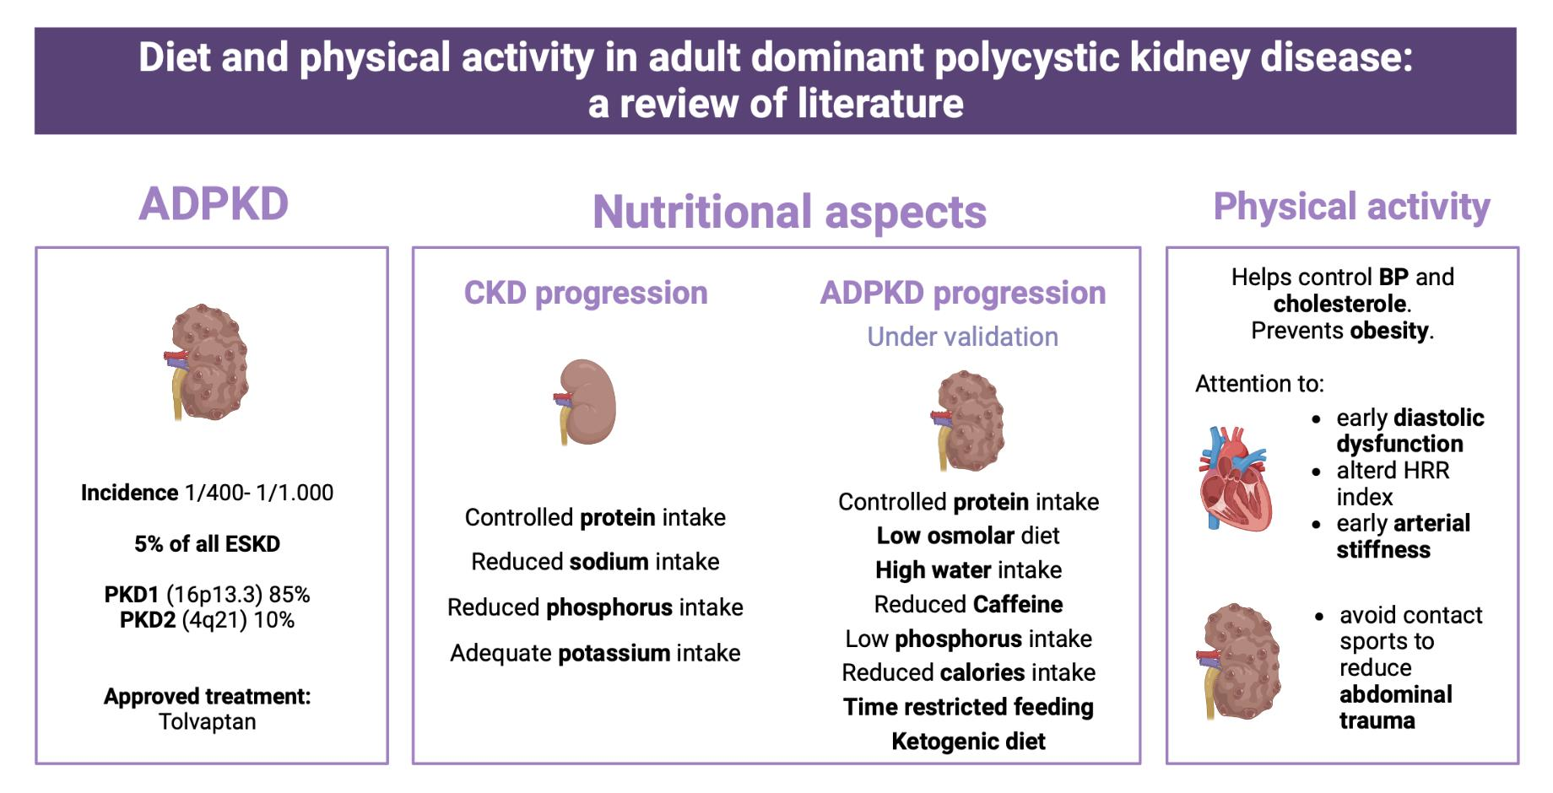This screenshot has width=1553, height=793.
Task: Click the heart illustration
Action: coord(1233,479)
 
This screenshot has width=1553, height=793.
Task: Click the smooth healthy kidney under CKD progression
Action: coord(587,402)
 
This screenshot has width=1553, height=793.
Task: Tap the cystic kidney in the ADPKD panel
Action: coord(208,363)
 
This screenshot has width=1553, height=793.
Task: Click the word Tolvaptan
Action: coord(208,722)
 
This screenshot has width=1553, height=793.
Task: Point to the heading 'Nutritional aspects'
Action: coord(789,212)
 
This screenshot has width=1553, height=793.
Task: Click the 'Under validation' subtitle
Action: coord(962,337)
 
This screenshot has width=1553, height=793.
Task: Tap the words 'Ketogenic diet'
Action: coord(968,742)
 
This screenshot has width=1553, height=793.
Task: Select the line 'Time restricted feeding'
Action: coord(968,707)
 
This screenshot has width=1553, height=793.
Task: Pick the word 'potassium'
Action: coord(614,653)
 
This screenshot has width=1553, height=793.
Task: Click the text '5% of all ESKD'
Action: coord(208,544)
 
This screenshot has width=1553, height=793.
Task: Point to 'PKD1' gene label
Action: coord(131,595)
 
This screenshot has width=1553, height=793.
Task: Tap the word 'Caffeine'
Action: coord(1017,605)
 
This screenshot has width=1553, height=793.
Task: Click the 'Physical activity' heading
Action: coord(1351,207)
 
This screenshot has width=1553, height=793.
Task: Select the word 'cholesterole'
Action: coord(1339,304)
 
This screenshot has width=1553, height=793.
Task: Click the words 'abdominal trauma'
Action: coord(1395,707)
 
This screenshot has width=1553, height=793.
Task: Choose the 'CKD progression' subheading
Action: coord(586,293)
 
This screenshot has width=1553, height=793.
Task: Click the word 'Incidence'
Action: coord(129,493)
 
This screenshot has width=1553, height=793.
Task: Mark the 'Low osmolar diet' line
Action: coord(968,536)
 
